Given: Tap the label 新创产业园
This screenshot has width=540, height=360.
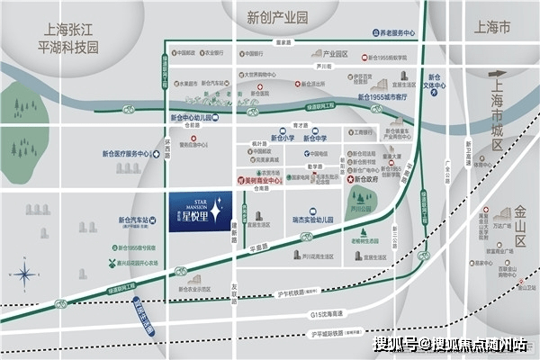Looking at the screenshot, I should pos(277,18).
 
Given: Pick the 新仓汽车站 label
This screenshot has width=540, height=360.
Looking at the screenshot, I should pos(133,219).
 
